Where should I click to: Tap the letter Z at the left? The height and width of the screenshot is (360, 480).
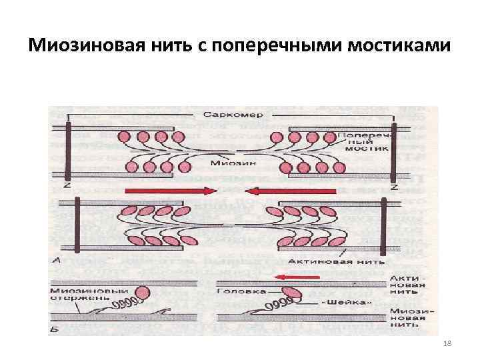coord(67,187)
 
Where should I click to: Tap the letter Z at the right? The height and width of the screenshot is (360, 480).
coord(394,187)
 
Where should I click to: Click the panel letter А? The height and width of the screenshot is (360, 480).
coord(57,261)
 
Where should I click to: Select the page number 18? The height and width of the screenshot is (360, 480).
coord(447,343)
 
